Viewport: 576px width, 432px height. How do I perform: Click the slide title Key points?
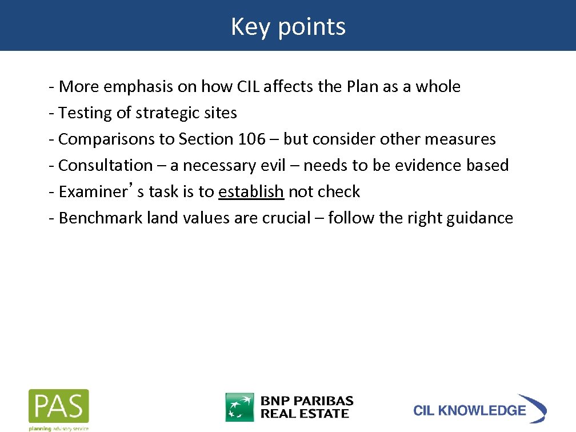point(288,26)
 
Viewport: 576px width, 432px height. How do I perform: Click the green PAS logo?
point(59,406)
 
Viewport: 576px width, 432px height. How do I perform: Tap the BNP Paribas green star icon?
point(239,407)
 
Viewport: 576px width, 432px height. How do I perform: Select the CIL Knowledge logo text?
point(469,410)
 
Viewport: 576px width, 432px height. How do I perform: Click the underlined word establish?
point(251,191)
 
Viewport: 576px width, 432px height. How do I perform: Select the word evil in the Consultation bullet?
point(277,165)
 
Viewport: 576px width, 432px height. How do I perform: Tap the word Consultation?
point(106,165)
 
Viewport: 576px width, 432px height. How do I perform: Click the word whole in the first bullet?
point(438,86)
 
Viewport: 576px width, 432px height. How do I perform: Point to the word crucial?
point(285,218)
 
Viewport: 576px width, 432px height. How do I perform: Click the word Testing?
point(85,113)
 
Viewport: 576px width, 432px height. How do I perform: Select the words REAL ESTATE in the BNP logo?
point(305,414)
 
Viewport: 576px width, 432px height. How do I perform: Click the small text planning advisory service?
point(59,427)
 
